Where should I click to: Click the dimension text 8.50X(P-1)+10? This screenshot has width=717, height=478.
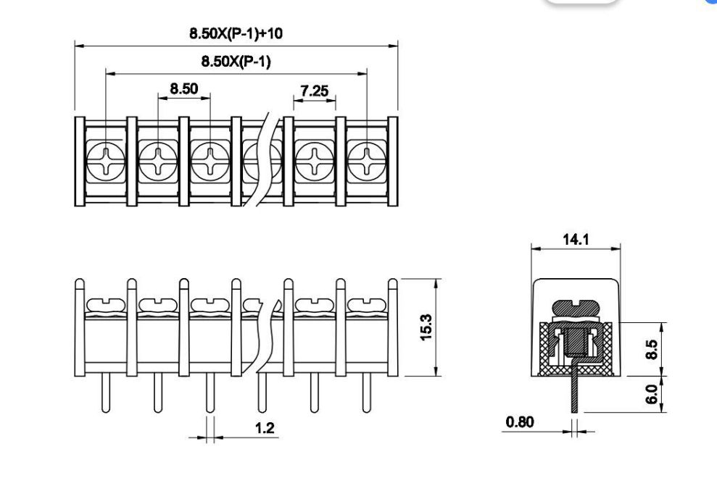(x=236, y=33)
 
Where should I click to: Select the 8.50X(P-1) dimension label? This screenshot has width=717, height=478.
(x=236, y=62)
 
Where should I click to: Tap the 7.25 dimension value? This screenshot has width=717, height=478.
(x=315, y=91)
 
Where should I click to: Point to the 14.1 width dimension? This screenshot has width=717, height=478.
(x=576, y=239)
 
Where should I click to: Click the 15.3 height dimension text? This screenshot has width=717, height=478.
(x=426, y=327)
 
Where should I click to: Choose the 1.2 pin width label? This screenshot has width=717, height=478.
(x=265, y=428)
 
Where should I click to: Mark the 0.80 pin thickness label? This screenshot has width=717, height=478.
(x=520, y=422)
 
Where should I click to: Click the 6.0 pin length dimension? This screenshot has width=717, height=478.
(x=652, y=395)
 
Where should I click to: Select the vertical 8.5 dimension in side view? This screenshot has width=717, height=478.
(x=652, y=349)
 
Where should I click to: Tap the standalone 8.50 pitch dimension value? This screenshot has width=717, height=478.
(x=184, y=88)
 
